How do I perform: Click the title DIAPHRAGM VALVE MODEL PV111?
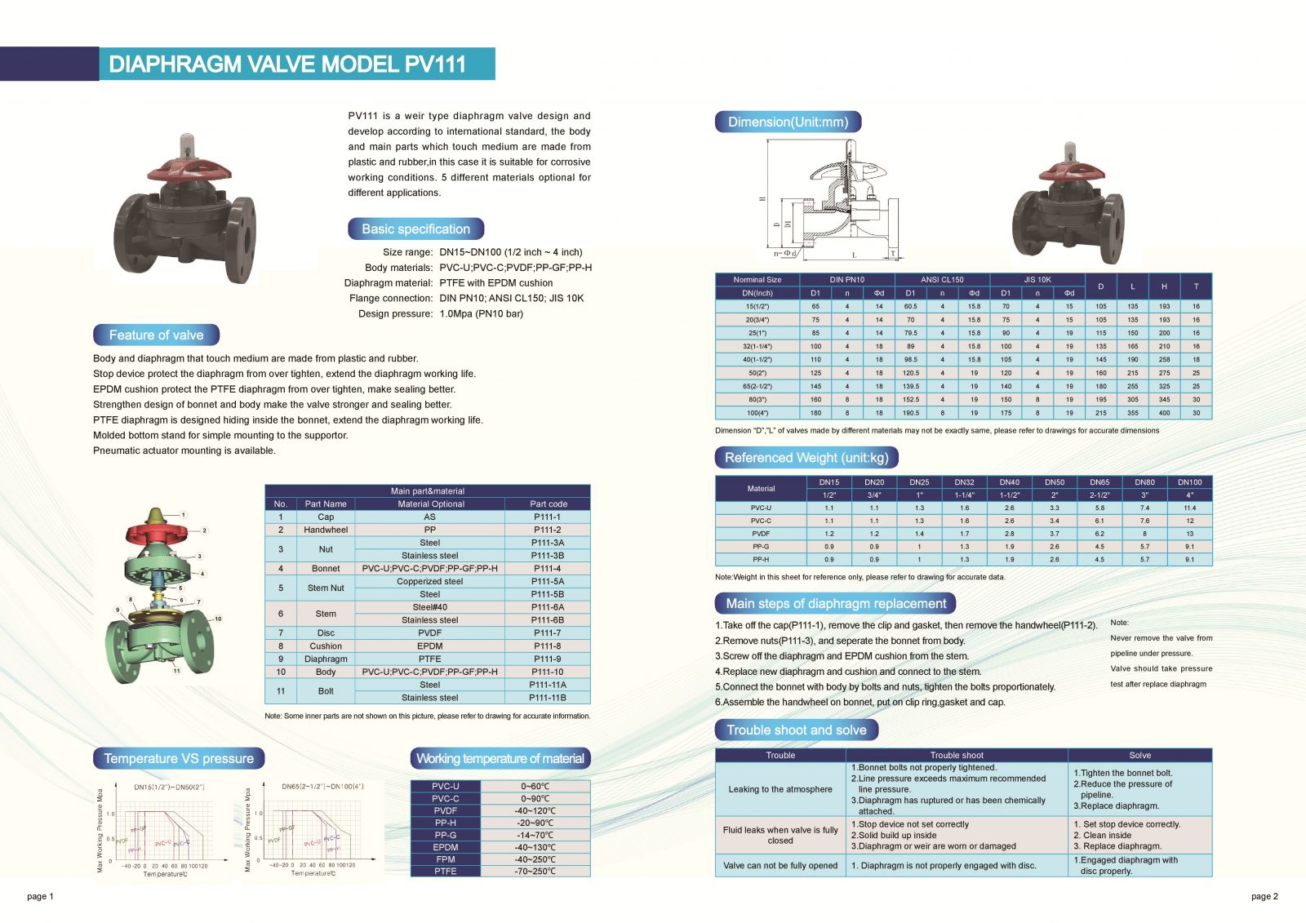click(287, 64)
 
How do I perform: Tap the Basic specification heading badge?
click(415, 229)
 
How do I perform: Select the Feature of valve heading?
click(156, 335)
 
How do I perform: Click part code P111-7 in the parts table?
click(547, 633)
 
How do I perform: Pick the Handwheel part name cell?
click(326, 530)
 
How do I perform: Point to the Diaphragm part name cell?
click(326, 659)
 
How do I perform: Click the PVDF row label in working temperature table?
click(446, 811)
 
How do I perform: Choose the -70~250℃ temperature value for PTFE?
click(535, 872)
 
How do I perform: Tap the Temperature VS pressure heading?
click(179, 759)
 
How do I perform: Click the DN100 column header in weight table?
click(1189, 482)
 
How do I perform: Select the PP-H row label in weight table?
click(761, 560)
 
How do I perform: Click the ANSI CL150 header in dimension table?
click(942, 280)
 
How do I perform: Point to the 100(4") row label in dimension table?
click(757, 413)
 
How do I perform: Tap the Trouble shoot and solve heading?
click(797, 730)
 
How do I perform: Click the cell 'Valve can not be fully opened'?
click(780, 866)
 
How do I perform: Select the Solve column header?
click(1139, 756)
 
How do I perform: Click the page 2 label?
click(1264, 897)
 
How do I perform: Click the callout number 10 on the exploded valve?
click(218, 619)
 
